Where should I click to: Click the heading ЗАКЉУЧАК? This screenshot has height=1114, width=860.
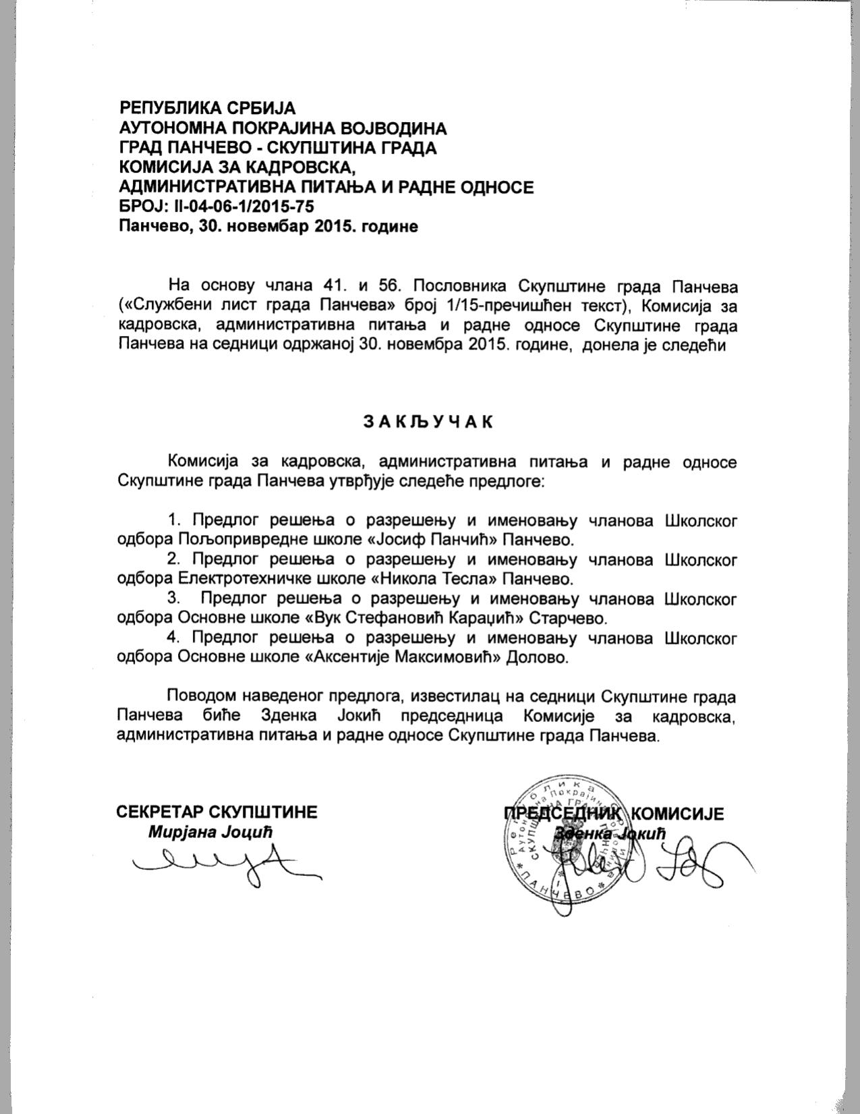(429, 422)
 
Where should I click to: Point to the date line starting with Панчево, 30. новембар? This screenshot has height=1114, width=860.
(268, 227)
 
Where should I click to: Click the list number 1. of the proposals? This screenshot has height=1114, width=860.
(176, 521)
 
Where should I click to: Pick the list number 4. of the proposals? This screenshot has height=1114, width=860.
(176, 638)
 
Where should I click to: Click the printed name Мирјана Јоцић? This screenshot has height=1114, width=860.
(210, 832)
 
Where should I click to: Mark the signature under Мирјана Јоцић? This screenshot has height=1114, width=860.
(223, 864)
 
